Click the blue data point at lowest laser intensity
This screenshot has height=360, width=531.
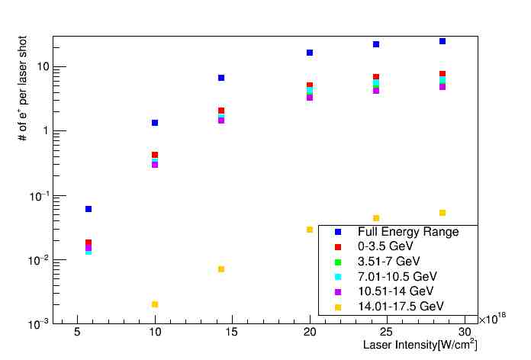[88, 209]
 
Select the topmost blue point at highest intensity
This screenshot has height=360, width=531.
[443, 41]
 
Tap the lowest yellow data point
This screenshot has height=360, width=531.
[155, 304]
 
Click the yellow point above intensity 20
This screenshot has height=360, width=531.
[310, 230]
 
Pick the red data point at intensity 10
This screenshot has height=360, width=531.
[155, 155]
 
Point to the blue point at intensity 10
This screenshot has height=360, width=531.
[155, 123]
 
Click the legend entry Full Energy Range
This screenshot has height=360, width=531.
[408, 232]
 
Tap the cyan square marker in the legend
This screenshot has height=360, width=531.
[337, 277]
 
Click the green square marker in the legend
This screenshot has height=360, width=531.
[337, 262]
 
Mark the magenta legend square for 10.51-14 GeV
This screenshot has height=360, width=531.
[337, 291]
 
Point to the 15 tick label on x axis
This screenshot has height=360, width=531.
[232, 333]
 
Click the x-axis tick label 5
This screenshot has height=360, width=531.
[77, 333]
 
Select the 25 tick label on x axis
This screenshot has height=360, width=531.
[387, 333]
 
